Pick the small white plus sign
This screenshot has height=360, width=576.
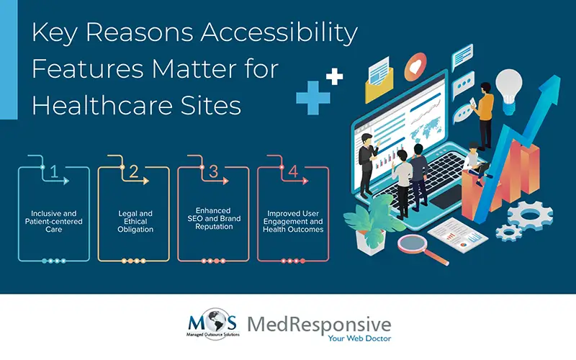tap(333, 77)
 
